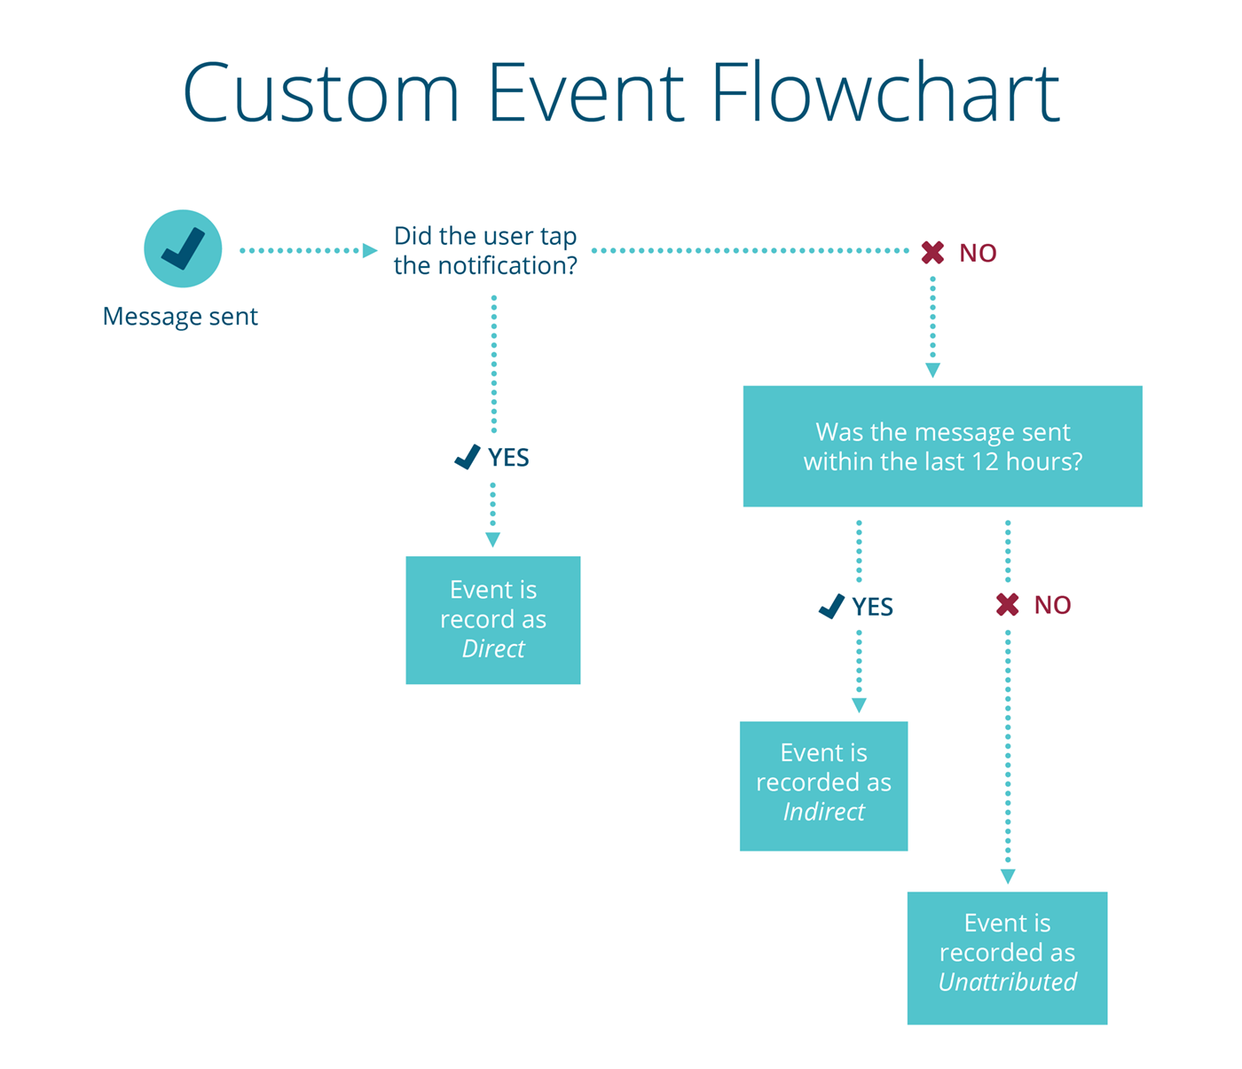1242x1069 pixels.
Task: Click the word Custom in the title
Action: point(321,92)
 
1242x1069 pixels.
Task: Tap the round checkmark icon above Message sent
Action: point(183,248)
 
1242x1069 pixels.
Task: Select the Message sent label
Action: point(180,317)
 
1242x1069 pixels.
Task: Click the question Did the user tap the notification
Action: point(485,251)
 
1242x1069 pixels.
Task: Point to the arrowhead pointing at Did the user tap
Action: point(370,251)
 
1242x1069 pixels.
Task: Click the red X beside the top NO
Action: point(932,253)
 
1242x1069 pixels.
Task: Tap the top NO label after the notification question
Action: point(978,254)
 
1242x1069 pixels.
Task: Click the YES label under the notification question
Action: point(508,458)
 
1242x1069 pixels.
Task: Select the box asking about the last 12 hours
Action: point(942,446)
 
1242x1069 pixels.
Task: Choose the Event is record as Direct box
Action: point(493,620)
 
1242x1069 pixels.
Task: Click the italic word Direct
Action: point(493,649)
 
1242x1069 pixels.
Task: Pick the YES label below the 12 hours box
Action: point(872,607)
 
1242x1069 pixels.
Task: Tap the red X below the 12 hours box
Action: point(1007,605)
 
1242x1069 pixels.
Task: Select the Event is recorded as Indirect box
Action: point(823,786)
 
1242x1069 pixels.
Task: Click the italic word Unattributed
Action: point(1007,983)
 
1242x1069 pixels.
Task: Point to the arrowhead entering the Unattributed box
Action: point(1008,876)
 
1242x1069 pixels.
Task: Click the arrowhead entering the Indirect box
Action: point(859,706)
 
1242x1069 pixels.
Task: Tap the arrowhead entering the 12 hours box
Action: point(932,371)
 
